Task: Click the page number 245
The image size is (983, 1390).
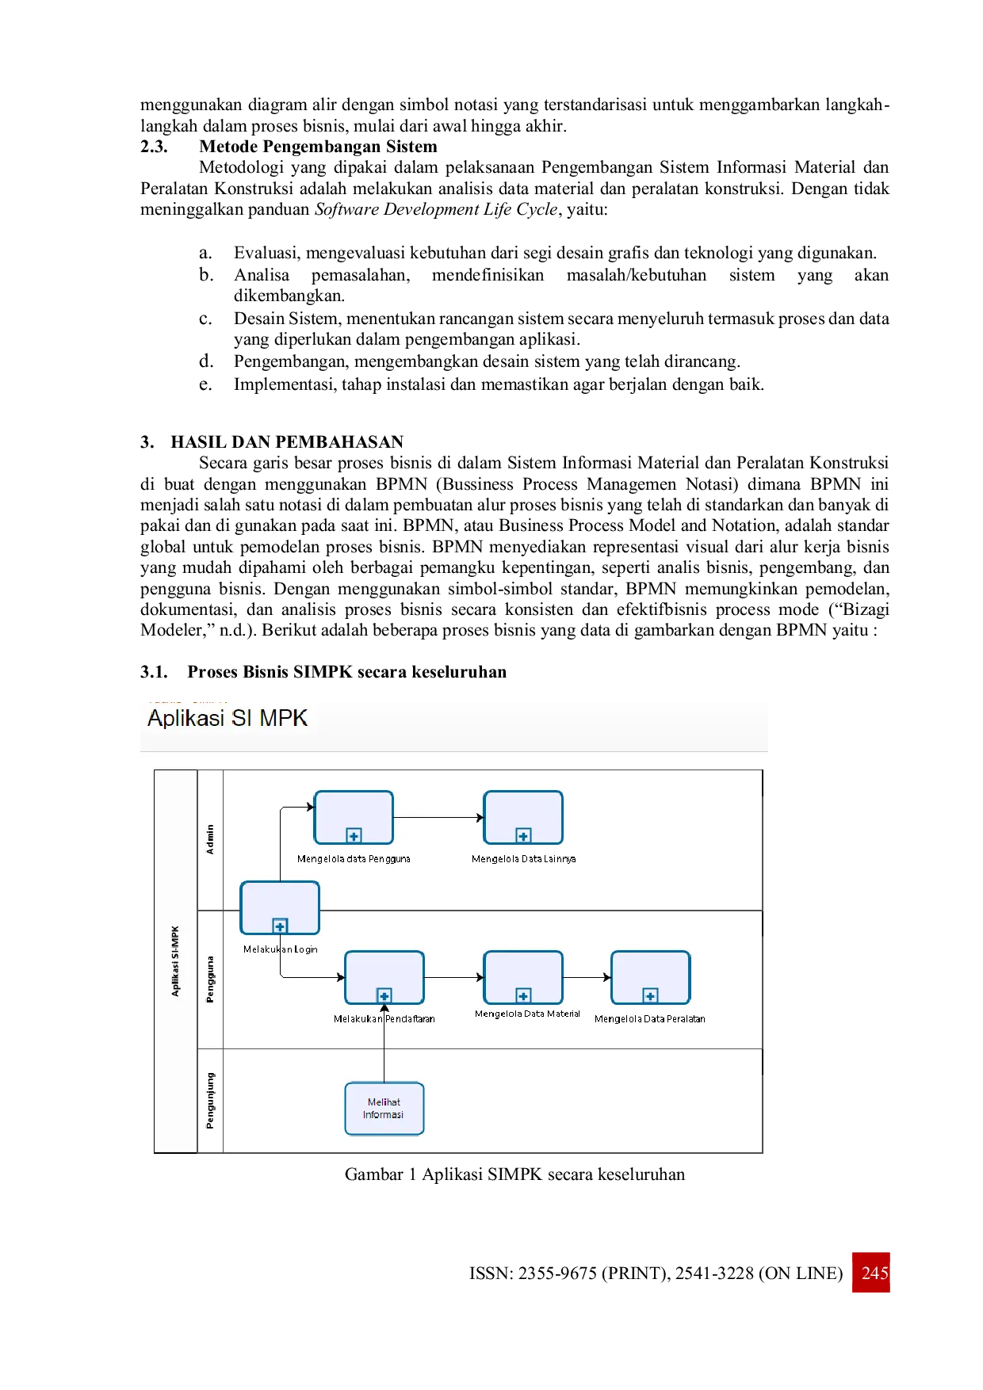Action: pyautogui.click(x=874, y=1272)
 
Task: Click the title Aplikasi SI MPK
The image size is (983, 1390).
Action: pyautogui.click(x=228, y=718)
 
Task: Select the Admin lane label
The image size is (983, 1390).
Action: pyautogui.click(x=210, y=839)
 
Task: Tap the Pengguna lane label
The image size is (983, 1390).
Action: pyautogui.click(x=210, y=979)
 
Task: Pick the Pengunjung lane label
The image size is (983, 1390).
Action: pyautogui.click(x=210, y=1100)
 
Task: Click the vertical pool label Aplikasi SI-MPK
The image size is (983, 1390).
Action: pyautogui.click(x=175, y=960)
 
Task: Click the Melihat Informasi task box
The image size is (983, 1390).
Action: pyautogui.click(x=384, y=1108)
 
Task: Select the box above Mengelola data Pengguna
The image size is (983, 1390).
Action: pyautogui.click(x=354, y=817)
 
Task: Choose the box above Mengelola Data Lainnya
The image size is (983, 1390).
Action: pyautogui.click(x=523, y=817)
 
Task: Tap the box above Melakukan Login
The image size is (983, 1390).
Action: pyautogui.click(x=280, y=907)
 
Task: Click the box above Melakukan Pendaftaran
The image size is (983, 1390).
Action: pyautogui.click(x=384, y=977)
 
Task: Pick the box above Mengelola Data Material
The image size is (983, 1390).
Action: pyautogui.click(x=523, y=977)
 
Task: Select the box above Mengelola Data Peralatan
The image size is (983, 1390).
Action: pyautogui.click(x=650, y=977)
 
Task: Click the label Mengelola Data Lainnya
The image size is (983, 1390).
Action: pyautogui.click(x=523, y=859)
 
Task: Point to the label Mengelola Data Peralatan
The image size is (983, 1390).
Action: pyautogui.click(x=650, y=1019)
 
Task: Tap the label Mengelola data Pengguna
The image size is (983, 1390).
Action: pyautogui.click(x=354, y=859)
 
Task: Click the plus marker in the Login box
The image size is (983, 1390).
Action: pyautogui.click(x=280, y=926)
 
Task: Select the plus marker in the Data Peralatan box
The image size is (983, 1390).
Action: pyautogui.click(x=650, y=995)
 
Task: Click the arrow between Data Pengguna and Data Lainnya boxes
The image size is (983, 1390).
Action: pyautogui.click(x=438, y=817)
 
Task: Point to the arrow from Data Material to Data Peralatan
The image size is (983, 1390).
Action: pyautogui.click(x=587, y=977)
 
